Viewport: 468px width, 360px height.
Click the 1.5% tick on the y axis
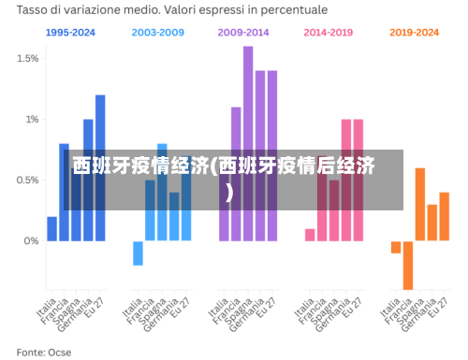(27, 58)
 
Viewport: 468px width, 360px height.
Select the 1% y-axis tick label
(31, 119)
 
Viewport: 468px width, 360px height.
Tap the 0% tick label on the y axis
(30, 240)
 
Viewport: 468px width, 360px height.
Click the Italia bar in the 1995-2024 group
(52, 229)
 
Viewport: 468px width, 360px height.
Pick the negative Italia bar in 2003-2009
(138, 252)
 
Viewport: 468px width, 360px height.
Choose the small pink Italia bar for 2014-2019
(310, 235)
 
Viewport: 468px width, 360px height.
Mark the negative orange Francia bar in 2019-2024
(408, 265)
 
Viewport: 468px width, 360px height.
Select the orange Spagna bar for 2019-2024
(420, 204)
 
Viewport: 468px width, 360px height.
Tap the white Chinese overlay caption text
(225, 168)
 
